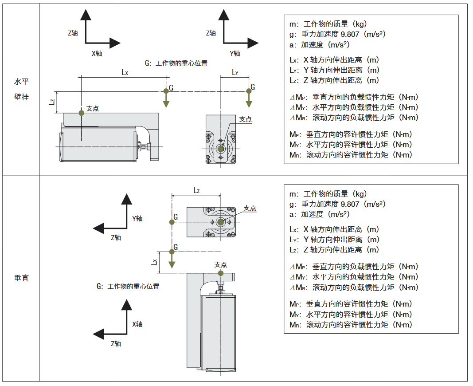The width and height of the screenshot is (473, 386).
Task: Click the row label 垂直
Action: tap(21, 279)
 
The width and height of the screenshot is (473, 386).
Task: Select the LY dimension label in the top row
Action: tap(235, 72)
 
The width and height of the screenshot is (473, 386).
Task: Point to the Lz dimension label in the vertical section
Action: tap(196, 190)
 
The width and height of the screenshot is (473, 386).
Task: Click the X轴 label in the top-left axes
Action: tap(97, 54)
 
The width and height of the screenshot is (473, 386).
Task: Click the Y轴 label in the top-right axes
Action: tap(235, 54)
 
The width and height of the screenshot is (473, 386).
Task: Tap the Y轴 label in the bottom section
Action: tap(137, 218)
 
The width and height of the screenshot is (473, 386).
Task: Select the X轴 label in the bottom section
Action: tap(137, 324)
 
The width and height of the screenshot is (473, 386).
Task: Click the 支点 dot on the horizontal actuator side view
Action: tap(81, 113)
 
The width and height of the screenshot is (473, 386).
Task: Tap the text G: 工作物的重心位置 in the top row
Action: tap(176, 63)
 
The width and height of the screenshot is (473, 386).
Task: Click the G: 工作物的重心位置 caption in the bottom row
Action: tap(128, 286)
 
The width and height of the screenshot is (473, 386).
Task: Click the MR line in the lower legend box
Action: tap(351, 325)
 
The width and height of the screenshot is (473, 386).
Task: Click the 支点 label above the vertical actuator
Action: tap(220, 264)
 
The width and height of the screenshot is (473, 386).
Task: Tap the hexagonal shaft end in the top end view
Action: tap(221, 149)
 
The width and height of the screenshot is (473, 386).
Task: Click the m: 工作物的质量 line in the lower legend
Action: tap(328, 194)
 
